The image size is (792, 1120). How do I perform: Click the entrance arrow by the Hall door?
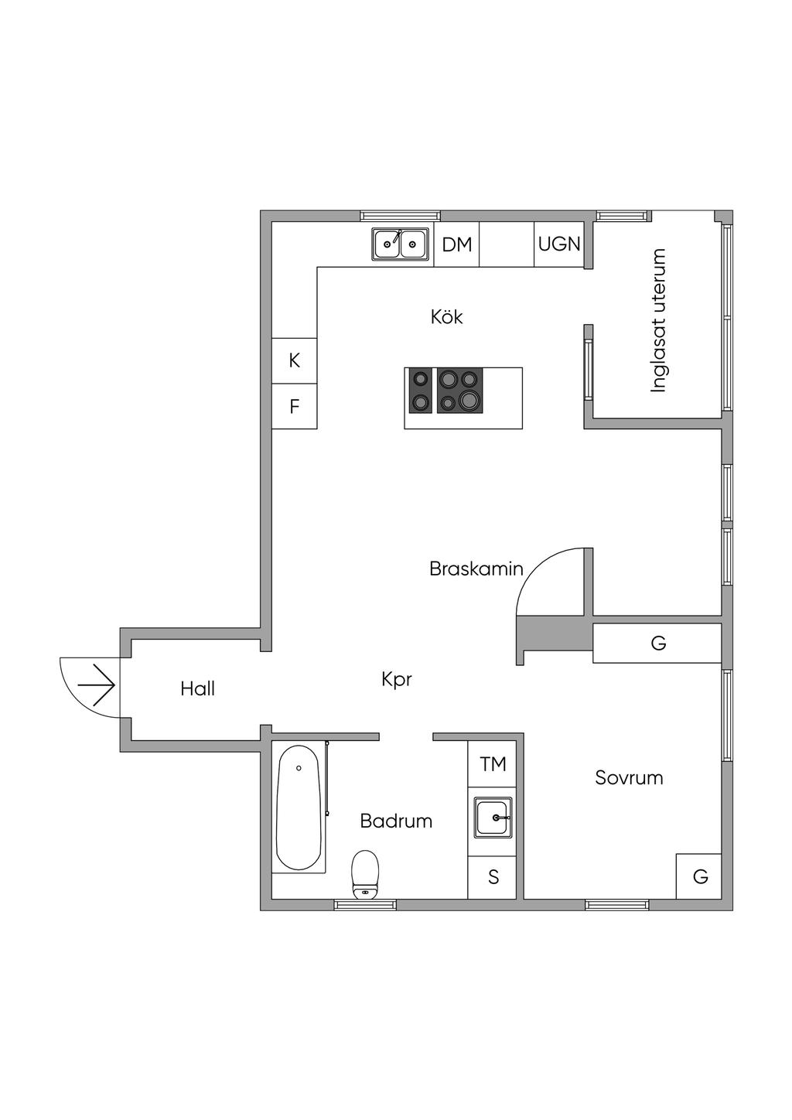pos(97,685)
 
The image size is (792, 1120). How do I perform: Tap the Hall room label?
pos(197,688)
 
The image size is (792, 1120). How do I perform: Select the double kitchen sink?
pos(400,244)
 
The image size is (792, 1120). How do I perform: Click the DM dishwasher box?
pos(456,244)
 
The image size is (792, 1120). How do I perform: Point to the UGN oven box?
pos(558,244)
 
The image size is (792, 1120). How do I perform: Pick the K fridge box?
pos(294,360)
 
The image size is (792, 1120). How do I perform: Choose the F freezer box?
pos(294,406)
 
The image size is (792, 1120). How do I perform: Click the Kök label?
pos(447,316)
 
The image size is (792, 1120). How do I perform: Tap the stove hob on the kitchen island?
pos(444,390)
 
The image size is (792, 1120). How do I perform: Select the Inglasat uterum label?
pos(658,320)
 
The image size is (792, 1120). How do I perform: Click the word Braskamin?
pos(476,569)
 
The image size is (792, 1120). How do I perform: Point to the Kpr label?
pos(397,679)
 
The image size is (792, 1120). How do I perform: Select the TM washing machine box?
pos(492,764)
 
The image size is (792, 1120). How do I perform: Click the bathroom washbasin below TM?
pos(492,818)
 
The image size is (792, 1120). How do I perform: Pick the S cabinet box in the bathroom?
pos(492,877)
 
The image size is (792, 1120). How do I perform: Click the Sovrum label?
pos(629,777)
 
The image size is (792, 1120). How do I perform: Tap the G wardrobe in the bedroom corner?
pos(699,876)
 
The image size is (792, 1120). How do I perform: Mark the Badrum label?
pos(396,821)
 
